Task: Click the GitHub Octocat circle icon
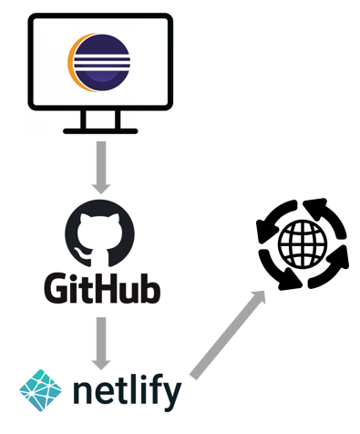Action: [x=102, y=234]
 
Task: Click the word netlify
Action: [x=127, y=393]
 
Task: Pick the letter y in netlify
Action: [x=171, y=398]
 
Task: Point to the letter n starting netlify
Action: [x=83, y=395]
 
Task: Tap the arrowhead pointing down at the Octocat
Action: [x=101, y=185]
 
